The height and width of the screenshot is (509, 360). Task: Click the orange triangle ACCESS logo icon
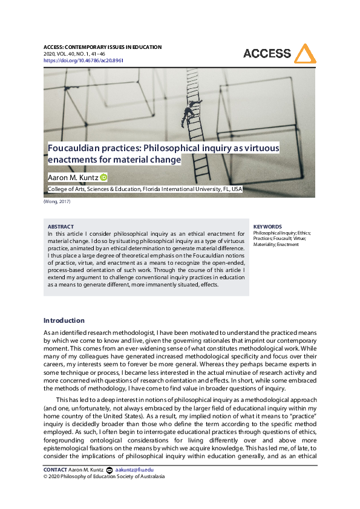tap(305, 54)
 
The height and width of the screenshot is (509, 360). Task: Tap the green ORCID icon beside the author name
tap(103, 177)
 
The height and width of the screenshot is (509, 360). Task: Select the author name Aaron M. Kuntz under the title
tap(73, 177)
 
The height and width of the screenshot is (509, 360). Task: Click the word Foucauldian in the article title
tap(72, 148)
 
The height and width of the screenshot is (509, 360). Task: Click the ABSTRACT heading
tap(61, 227)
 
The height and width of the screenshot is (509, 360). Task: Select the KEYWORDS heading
tap(267, 227)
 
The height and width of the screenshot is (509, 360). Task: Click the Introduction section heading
tap(64, 320)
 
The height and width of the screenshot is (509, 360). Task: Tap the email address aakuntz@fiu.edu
tap(134, 470)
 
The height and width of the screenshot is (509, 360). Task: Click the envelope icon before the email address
tap(109, 470)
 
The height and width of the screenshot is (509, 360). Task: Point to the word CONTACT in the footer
tap(55, 470)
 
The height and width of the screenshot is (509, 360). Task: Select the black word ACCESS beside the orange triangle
tap(267, 54)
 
